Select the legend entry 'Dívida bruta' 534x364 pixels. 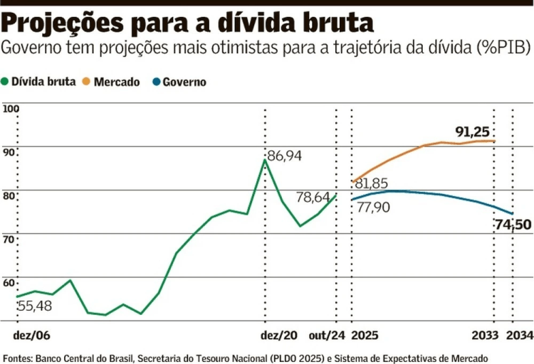(44, 82)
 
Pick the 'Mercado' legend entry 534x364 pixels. (114, 82)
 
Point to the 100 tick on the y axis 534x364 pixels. (11, 109)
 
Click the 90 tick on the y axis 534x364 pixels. (9, 152)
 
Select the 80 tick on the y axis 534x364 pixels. (9, 196)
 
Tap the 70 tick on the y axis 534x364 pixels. (9, 239)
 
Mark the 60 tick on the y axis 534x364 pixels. (9, 283)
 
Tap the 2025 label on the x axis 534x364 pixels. (365, 335)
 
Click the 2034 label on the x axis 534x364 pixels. (518, 335)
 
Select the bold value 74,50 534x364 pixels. (513, 226)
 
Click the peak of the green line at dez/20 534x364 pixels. (265, 159)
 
